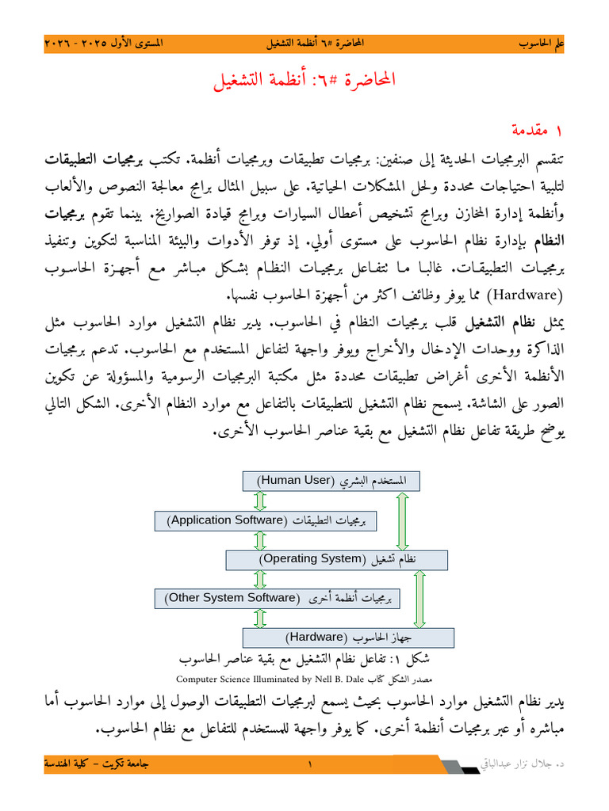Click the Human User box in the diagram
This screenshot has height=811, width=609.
point(330,481)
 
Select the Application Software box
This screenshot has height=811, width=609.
point(265,520)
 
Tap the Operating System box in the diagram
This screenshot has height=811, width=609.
point(337,559)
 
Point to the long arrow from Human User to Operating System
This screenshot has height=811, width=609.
point(403,520)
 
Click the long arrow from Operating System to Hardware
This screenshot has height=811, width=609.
point(420,598)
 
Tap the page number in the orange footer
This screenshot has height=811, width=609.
point(310,764)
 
